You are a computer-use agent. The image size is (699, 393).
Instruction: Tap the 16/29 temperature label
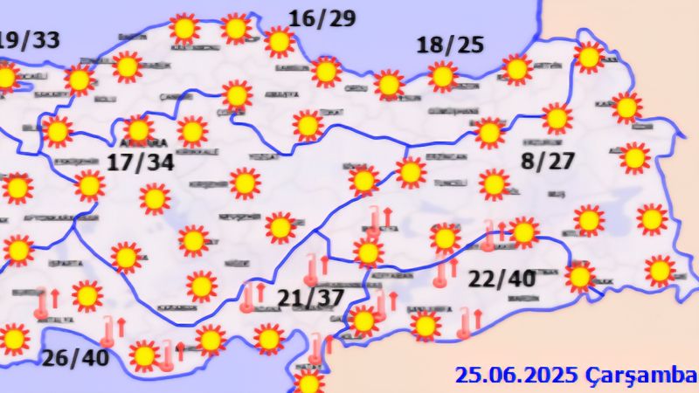click(322, 19)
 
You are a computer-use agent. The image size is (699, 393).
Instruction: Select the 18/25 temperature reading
click(450, 45)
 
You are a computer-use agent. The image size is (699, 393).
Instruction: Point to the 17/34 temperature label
click(141, 162)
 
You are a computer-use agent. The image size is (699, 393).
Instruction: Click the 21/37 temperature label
click(309, 300)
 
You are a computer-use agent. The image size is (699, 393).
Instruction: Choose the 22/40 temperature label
click(502, 279)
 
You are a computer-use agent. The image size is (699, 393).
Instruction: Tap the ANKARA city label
click(142, 141)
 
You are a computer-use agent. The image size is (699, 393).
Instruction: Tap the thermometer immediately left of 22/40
click(441, 274)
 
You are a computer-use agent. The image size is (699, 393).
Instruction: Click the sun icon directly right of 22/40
click(578, 276)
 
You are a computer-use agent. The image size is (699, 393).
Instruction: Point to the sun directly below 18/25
click(443, 77)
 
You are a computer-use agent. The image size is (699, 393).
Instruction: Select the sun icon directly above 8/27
click(556, 117)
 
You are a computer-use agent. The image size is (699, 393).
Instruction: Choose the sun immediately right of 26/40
click(144, 355)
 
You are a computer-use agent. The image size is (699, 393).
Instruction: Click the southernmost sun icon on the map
click(308, 383)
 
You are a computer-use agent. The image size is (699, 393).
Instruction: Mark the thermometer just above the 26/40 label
click(108, 330)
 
